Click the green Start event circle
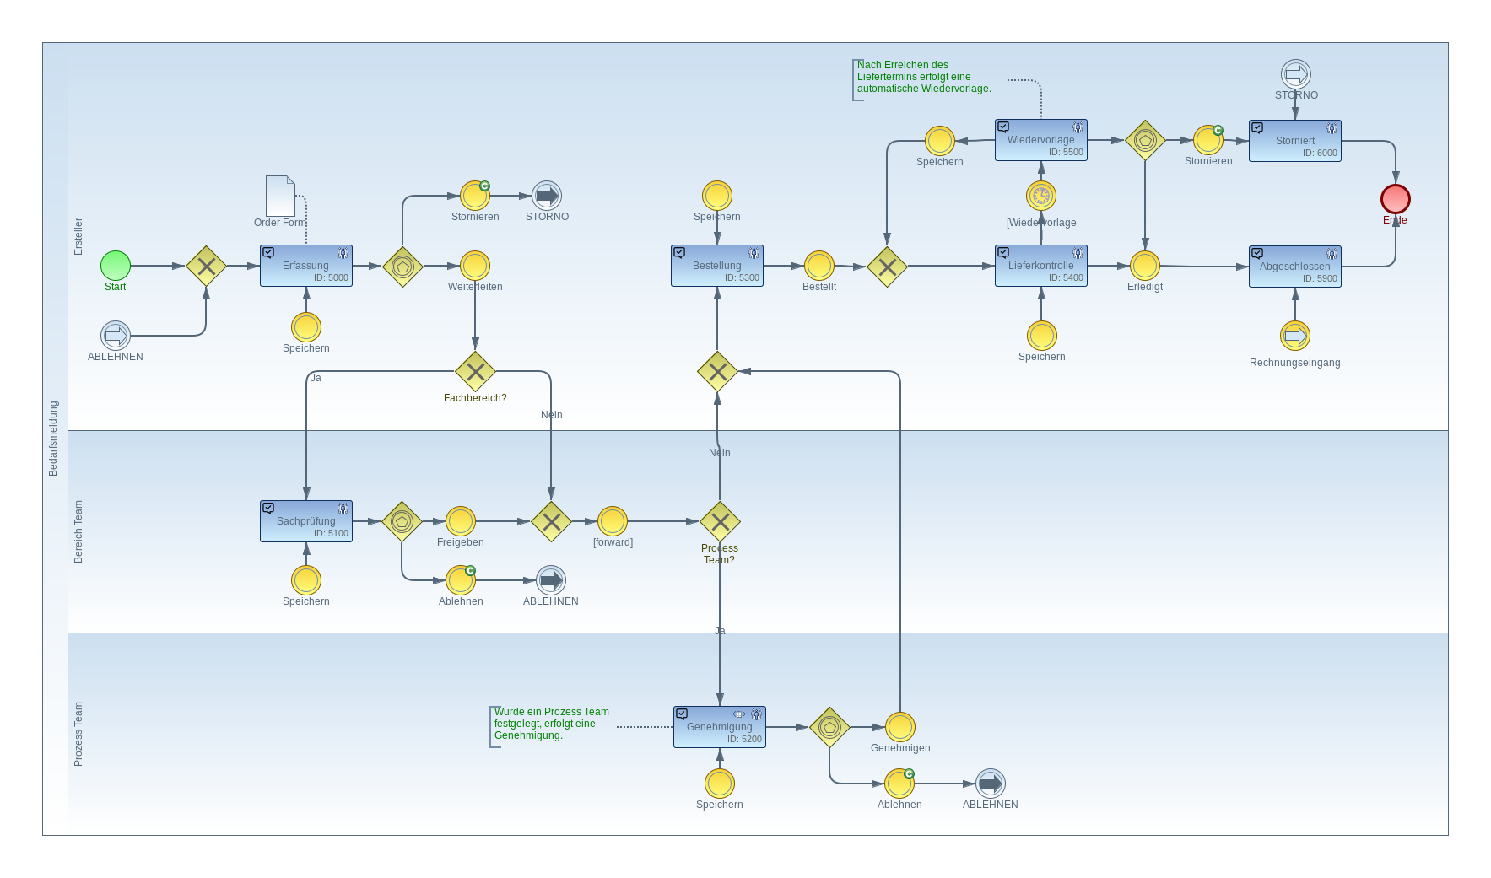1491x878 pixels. [x=116, y=266]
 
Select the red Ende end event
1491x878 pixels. [x=1395, y=199]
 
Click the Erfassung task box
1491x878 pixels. [x=306, y=266]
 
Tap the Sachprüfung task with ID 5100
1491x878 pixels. [x=306, y=521]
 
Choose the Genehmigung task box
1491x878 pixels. [x=720, y=727]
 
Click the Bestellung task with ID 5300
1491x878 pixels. [x=717, y=266]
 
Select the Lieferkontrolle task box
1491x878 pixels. [x=1041, y=266]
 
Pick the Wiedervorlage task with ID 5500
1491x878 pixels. [x=1041, y=140]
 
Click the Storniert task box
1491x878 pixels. [x=1295, y=141]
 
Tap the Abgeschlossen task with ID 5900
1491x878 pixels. [x=1295, y=267]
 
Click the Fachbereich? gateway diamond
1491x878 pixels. [x=475, y=371]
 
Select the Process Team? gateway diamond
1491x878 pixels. [x=720, y=521]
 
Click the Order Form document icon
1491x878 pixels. [x=280, y=196]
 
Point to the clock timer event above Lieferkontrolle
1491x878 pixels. [x=1041, y=196]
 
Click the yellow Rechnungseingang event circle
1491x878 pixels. [x=1295, y=336]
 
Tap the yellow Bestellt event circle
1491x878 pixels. [x=819, y=266]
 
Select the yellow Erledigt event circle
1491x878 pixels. [x=1145, y=266]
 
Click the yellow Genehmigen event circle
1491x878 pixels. [x=900, y=727]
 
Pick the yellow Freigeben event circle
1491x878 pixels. [x=461, y=521]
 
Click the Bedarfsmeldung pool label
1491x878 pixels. [x=53, y=439]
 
